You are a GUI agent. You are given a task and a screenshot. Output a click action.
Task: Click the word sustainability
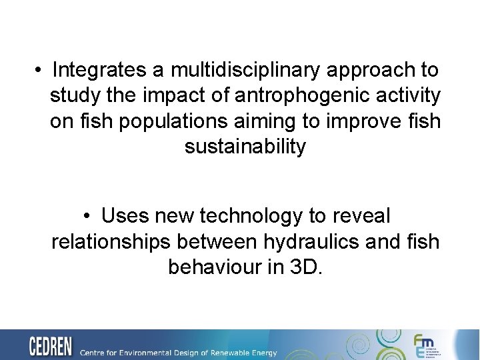[245, 146]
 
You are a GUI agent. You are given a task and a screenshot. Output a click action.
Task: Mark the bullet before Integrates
[41, 70]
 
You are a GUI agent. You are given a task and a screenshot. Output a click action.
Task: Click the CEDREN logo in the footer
[50, 347]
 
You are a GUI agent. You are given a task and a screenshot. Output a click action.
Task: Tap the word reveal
[359, 215]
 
